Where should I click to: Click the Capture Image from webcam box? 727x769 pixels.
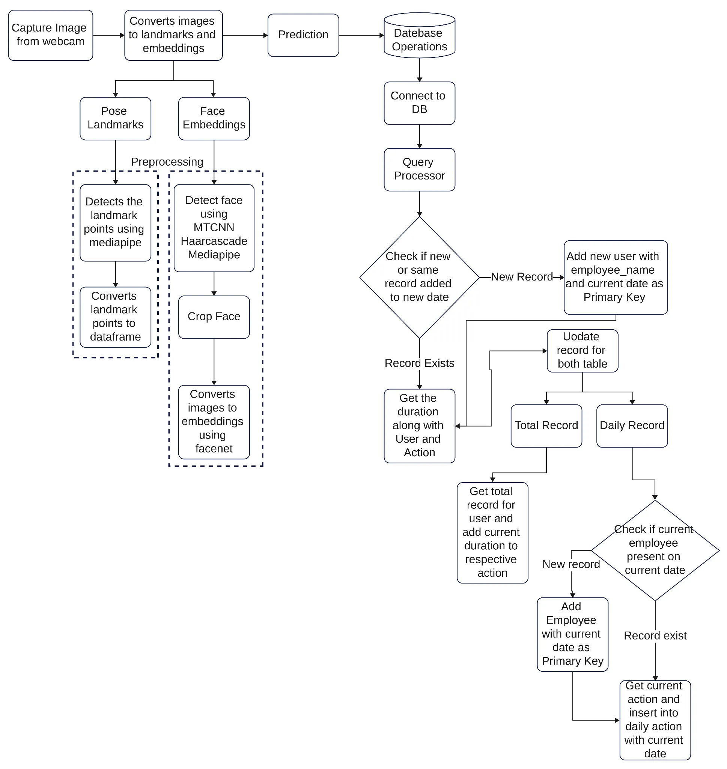(x=50, y=35)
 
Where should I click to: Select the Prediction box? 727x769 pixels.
(x=303, y=35)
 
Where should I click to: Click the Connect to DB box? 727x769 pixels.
(x=419, y=103)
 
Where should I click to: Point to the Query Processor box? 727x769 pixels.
(x=419, y=169)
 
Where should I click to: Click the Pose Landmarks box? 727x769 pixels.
(x=115, y=118)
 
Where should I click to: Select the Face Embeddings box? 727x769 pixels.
(x=214, y=118)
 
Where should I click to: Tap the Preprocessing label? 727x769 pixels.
(x=167, y=161)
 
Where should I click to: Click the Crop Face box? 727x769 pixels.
(x=214, y=317)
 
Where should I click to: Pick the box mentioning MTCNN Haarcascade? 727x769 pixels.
(x=214, y=228)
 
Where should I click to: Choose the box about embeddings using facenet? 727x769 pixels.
(x=214, y=422)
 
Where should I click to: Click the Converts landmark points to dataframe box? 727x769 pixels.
(x=115, y=317)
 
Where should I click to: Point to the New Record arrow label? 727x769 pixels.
(x=522, y=277)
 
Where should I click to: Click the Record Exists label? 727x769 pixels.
(x=419, y=363)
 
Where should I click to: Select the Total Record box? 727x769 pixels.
(x=546, y=425)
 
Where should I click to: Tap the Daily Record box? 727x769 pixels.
(x=632, y=425)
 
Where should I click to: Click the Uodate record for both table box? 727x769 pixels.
(x=582, y=350)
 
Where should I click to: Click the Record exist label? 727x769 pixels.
(x=655, y=636)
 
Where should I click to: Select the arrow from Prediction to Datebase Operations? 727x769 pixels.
(x=361, y=35)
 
